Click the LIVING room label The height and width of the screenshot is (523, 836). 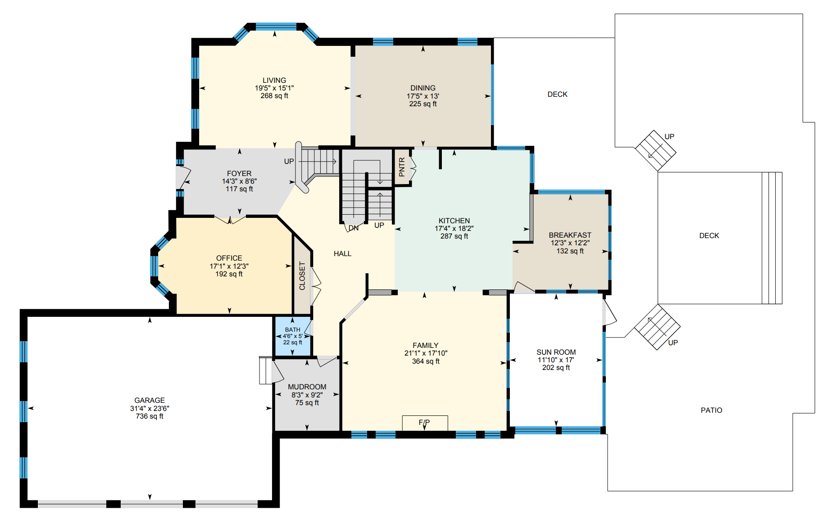[x=274, y=81]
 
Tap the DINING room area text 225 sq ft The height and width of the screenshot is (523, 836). [x=423, y=104]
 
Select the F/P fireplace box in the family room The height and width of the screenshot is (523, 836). [x=425, y=423]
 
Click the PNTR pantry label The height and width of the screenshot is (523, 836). [x=402, y=167]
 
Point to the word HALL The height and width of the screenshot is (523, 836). [x=342, y=254]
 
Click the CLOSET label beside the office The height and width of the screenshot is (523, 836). [x=302, y=276]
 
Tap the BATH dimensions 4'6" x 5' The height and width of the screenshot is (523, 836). [x=293, y=336]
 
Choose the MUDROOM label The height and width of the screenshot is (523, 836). [x=307, y=387]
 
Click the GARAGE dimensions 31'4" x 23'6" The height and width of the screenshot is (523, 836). [x=150, y=409]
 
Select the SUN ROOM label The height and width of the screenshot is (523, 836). [x=556, y=352]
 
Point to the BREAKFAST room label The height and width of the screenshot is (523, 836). [x=570, y=235]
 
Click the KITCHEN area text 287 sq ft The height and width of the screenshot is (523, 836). [x=454, y=236]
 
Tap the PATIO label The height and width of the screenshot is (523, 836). [x=712, y=410]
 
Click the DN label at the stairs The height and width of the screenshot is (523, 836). [x=354, y=228]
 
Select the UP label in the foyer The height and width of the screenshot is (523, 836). [x=289, y=162]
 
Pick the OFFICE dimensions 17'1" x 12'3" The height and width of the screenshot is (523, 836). [x=229, y=266]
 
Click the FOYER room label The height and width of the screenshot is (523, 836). [x=239, y=174]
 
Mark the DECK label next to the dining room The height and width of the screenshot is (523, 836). [x=558, y=95]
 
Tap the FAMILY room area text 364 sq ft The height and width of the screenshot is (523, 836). [x=426, y=361]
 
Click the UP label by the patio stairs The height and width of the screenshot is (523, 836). [x=673, y=343]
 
